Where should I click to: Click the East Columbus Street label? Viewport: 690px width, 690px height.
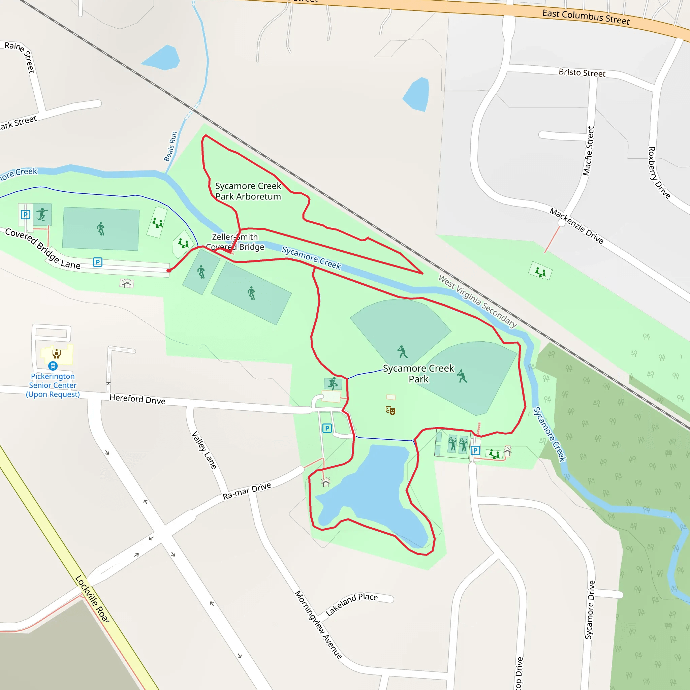click(x=586, y=17)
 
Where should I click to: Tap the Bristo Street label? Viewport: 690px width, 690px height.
click(x=582, y=73)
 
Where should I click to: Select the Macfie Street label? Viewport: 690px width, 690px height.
click(x=588, y=151)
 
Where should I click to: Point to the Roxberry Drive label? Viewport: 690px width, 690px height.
click(x=659, y=172)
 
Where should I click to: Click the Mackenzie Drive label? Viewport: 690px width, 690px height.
click(x=576, y=226)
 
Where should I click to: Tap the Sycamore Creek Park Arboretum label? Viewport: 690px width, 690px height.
click(x=248, y=191)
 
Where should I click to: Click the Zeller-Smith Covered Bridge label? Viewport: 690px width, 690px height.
click(x=235, y=242)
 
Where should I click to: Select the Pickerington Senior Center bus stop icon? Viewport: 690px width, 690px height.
click(x=53, y=366)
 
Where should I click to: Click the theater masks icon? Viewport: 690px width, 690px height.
click(x=390, y=410)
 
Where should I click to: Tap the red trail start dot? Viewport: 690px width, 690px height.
click(x=169, y=271)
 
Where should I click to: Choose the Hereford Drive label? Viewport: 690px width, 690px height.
click(x=137, y=399)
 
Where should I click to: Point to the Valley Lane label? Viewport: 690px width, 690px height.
click(x=204, y=450)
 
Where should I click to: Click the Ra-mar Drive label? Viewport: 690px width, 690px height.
click(x=247, y=491)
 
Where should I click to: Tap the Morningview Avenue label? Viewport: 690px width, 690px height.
click(x=318, y=624)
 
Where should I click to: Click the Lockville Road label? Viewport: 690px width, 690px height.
click(x=92, y=599)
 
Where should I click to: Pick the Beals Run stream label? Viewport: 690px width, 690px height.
click(x=171, y=146)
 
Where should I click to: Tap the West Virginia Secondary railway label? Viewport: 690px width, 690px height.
click(x=477, y=301)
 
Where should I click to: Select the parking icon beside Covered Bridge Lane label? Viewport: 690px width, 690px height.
click(x=97, y=262)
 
